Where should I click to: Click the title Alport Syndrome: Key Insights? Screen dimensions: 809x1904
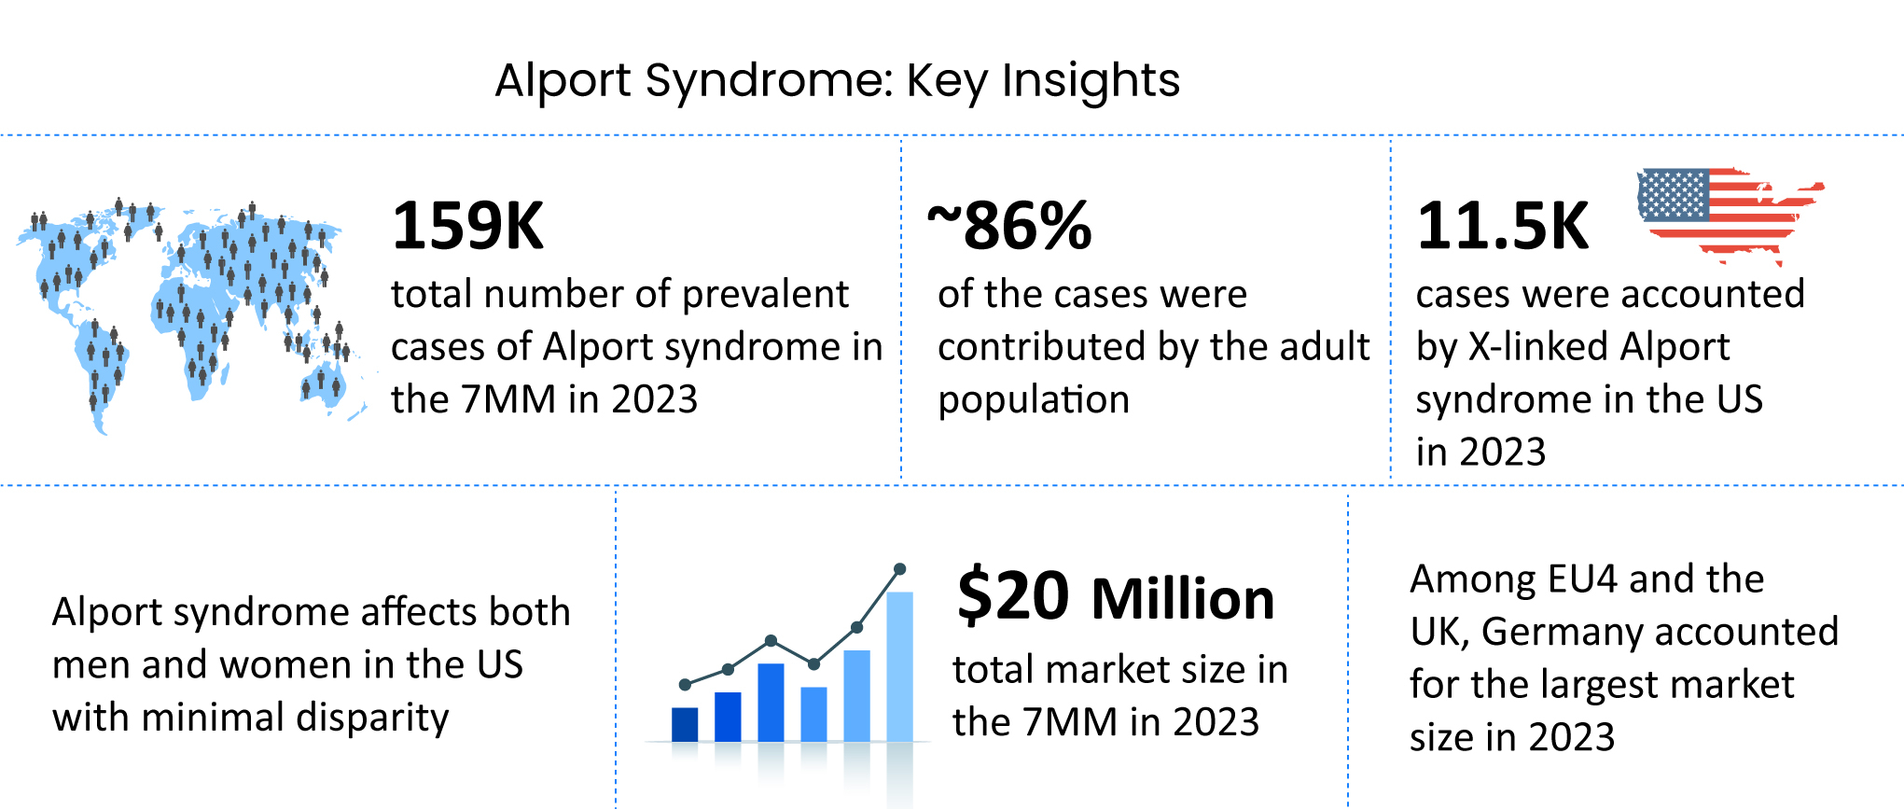tap(837, 80)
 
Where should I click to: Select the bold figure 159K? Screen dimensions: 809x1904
tap(467, 226)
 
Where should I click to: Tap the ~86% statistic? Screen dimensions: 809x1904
tap(1009, 226)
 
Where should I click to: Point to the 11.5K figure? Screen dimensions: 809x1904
tap(1502, 226)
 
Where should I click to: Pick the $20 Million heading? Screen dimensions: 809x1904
tap(1116, 597)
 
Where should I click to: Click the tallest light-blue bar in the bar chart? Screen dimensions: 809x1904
tap(899, 666)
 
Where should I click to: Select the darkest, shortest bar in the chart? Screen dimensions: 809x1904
tap(685, 724)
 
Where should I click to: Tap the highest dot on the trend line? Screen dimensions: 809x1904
tap(899, 568)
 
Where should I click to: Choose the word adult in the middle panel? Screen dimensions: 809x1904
tap(1325, 347)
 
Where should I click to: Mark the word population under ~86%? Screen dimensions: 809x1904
tap(1034, 400)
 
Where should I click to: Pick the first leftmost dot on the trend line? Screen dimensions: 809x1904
tap(685, 685)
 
